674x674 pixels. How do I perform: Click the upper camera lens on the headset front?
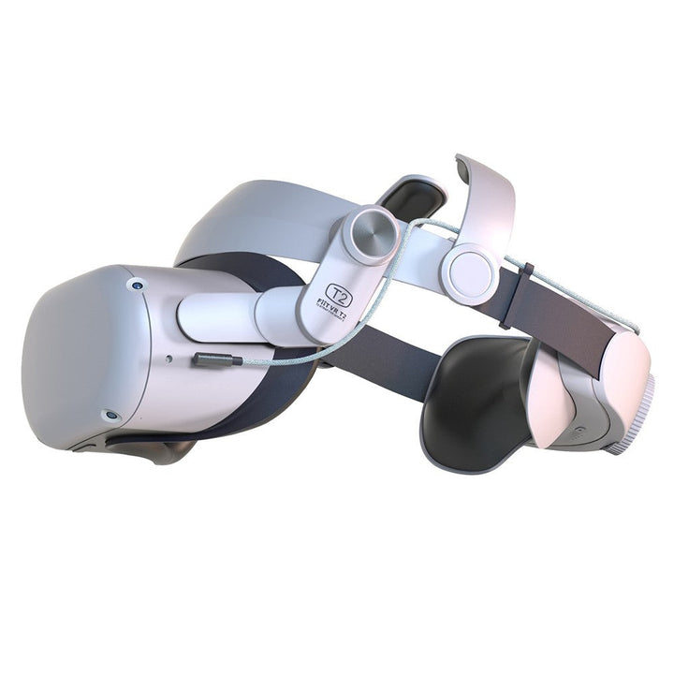(139, 284)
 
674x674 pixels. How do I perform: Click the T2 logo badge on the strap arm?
(339, 299)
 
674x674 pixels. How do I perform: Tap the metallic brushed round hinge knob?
(370, 233)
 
